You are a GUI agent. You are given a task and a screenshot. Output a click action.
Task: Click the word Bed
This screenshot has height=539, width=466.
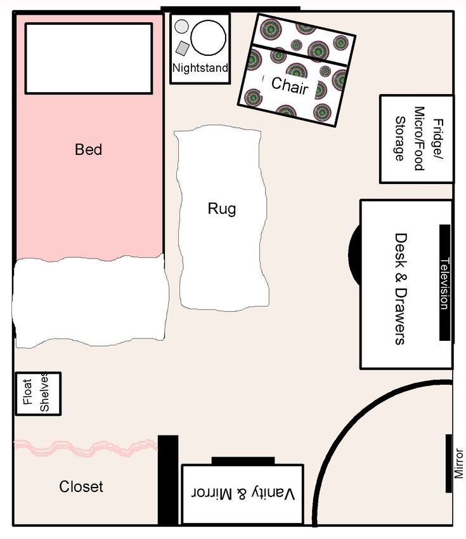(88, 150)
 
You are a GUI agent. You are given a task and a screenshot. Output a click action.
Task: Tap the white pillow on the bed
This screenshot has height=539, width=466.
(88, 58)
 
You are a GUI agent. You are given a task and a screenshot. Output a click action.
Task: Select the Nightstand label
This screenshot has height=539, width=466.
(200, 68)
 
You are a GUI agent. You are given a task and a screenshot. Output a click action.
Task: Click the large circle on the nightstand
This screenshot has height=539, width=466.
(208, 37)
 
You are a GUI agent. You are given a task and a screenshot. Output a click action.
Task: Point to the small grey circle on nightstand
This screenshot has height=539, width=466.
(181, 27)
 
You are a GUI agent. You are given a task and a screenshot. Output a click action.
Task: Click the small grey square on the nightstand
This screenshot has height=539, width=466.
(183, 48)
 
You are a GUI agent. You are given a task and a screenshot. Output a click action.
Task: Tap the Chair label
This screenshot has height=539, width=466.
(290, 85)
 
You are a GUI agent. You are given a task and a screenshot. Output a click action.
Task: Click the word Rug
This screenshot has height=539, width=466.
(222, 209)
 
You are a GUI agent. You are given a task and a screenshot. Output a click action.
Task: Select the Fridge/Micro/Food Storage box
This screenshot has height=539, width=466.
(416, 139)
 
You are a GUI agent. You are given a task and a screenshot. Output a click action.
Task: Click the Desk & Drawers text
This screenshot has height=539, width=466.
(400, 288)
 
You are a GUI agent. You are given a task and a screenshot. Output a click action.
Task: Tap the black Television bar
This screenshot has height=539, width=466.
(444, 283)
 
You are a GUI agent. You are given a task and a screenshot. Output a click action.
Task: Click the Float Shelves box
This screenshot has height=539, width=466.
(37, 394)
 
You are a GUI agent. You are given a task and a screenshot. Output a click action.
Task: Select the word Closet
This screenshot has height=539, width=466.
(81, 487)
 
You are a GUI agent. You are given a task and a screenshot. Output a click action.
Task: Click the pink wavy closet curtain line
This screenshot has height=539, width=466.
(86, 448)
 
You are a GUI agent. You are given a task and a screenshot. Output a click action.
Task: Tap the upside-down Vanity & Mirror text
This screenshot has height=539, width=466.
(243, 493)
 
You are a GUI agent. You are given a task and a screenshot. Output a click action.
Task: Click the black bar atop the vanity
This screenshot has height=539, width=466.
(243, 461)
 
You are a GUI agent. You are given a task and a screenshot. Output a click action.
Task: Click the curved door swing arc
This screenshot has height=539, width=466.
(336, 432)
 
